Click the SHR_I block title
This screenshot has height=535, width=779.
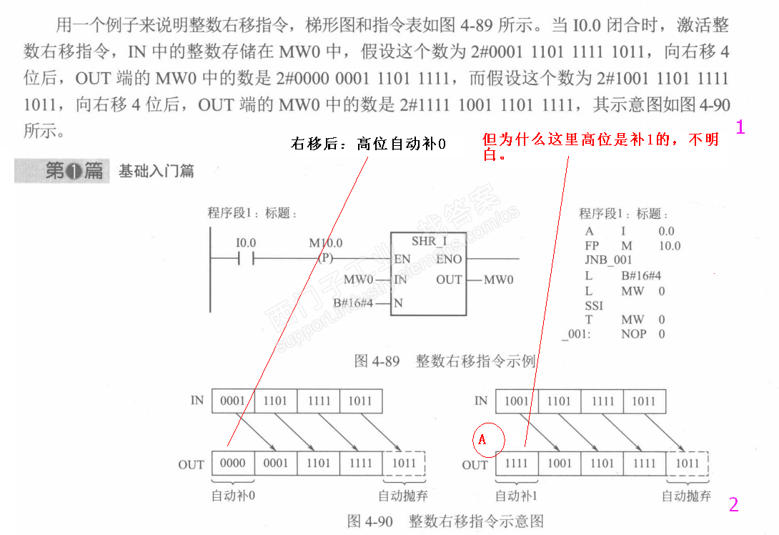[429, 241]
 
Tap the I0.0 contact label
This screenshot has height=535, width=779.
[246, 243]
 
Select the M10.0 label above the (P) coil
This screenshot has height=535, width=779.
[325, 243]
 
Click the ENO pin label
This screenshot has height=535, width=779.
[449, 259]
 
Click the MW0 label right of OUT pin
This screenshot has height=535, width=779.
[498, 280]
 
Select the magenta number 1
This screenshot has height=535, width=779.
[740, 128]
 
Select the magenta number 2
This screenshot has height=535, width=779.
[733, 505]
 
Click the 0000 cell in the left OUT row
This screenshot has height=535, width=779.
[233, 463]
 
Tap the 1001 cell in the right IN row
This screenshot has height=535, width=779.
[517, 401]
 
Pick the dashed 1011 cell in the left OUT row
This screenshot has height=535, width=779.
[404, 463]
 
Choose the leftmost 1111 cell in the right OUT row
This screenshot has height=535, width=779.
[517, 463]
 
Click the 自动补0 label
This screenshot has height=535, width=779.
[233, 496]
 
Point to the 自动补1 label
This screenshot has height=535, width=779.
[517, 496]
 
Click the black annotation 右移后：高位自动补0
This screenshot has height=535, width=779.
[368, 144]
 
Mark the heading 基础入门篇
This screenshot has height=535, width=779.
[156, 171]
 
